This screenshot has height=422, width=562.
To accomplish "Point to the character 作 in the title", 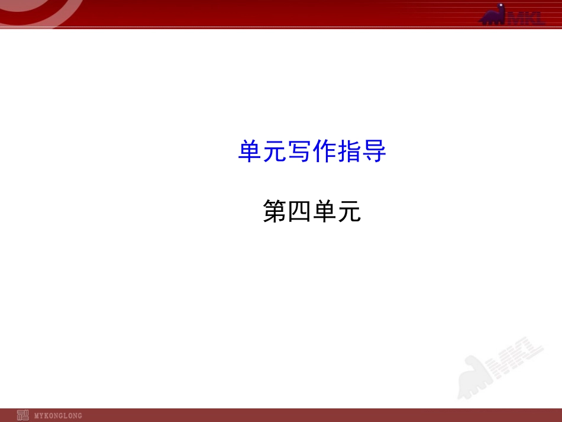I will (324, 152).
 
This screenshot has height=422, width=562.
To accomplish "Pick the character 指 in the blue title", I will (349, 152).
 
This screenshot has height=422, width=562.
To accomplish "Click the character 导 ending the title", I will (374, 152).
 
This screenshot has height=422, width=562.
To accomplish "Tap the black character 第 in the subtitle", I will (274, 212).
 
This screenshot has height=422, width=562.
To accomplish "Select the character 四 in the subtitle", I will (299, 212).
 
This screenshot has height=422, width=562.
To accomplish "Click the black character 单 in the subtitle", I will (324, 212).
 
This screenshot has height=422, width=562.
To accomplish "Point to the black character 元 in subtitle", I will (349, 212).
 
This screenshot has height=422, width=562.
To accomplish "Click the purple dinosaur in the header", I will (494, 16).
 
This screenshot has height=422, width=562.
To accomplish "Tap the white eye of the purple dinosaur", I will (501, 8).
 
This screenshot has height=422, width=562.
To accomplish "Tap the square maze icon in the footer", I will (22, 415).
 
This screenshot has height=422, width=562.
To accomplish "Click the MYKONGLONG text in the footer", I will (58, 415).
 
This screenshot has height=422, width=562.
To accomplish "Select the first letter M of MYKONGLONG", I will (37, 415).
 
